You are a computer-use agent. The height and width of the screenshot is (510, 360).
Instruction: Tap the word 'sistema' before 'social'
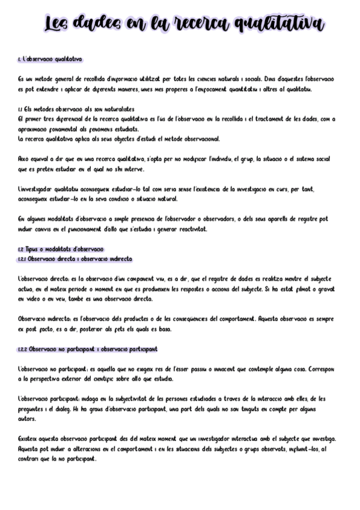point(308,159)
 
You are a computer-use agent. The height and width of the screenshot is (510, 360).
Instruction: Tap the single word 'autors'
point(27,419)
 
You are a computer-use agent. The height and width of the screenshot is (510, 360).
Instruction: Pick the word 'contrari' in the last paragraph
point(29,458)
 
